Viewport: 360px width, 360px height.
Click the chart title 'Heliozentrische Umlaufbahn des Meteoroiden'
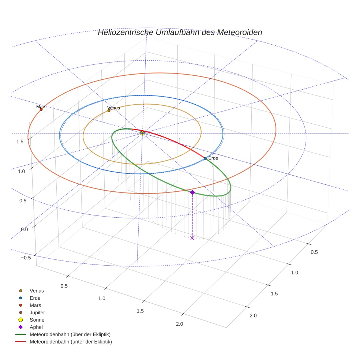[180, 33]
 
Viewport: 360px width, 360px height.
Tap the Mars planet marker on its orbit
[41, 109]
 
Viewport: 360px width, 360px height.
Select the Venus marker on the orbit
[109, 110]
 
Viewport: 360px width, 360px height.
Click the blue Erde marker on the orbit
[205, 158]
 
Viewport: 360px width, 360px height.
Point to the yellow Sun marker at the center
[142, 134]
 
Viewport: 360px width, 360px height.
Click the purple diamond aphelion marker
[192, 192]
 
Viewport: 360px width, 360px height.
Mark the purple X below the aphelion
[192, 238]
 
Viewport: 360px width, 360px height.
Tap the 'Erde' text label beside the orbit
[213, 158]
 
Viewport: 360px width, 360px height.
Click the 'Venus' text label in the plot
[114, 108]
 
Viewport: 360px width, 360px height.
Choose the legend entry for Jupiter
[37, 312]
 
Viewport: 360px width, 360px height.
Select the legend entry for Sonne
[37, 320]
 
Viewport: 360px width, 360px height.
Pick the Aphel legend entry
[36, 327]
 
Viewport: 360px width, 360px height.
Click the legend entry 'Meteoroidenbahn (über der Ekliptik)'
[70, 334]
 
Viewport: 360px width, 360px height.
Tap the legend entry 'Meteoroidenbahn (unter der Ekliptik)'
[71, 342]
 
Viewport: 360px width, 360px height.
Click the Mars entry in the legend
[35, 305]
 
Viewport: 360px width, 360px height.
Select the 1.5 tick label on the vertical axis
[20, 141]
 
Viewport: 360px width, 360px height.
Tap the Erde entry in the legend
[35, 298]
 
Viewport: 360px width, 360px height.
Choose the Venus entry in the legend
[37, 290]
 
